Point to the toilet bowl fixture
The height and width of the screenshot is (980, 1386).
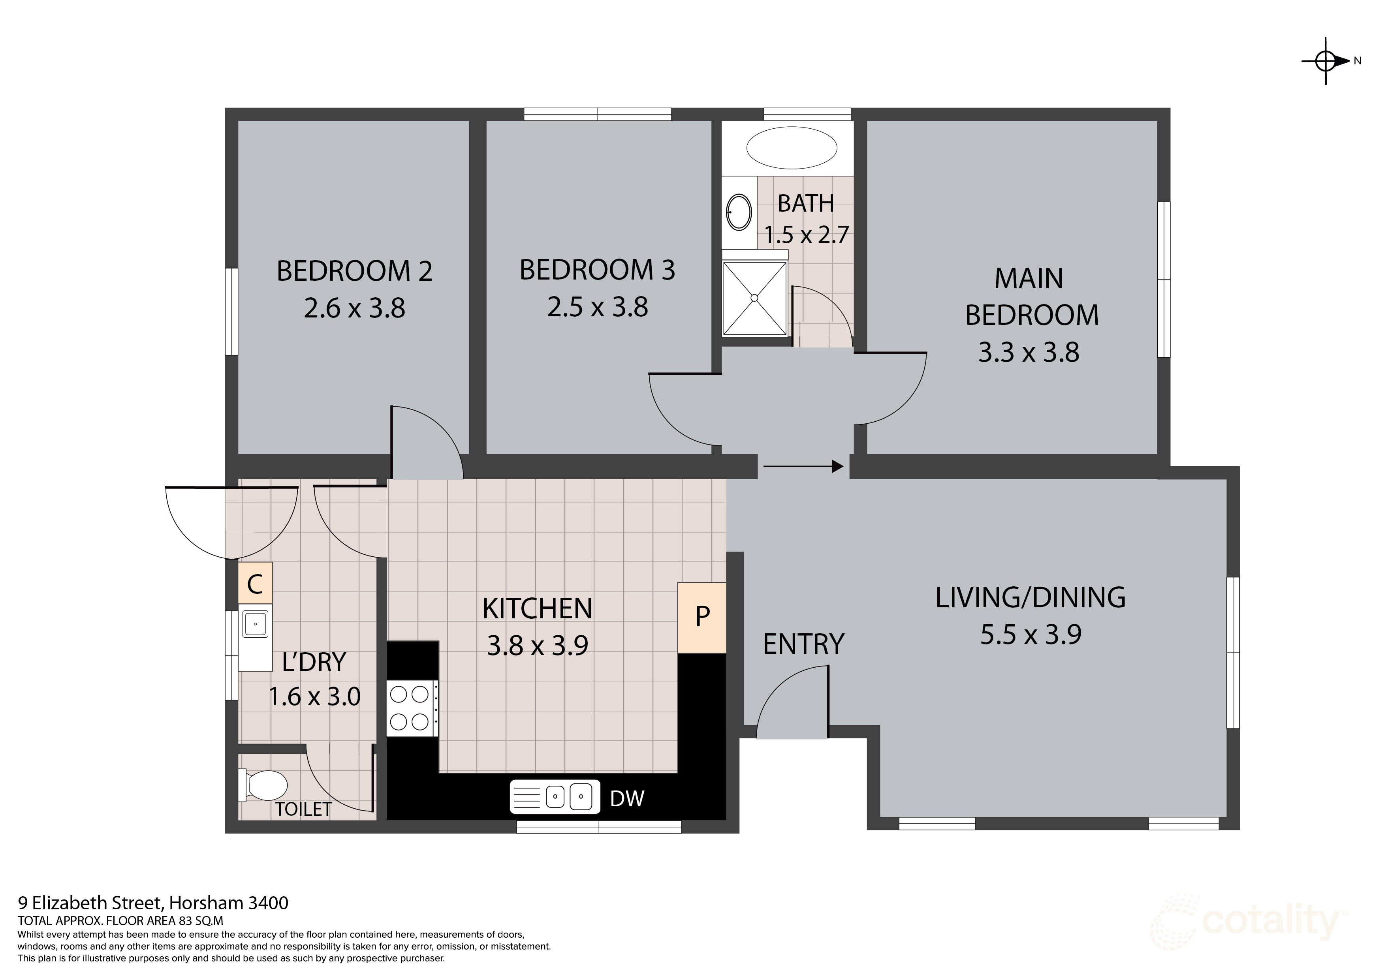pyautogui.click(x=264, y=785)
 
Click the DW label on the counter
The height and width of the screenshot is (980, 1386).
pyautogui.click(x=627, y=799)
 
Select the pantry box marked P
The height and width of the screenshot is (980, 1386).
pyautogui.click(x=701, y=617)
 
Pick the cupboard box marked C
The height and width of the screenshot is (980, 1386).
pyautogui.click(x=255, y=583)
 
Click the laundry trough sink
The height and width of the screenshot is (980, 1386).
pyautogui.click(x=255, y=624)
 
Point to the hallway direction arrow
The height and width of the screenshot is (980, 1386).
pyautogui.click(x=803, y=466)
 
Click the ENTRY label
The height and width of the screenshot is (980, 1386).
pyautogui.click(x=803, y=644)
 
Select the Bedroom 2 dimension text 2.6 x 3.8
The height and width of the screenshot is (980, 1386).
pyautogui.click(x=354, y=308)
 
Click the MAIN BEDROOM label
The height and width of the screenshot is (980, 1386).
pyautogui.click(x=1031, y=297)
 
